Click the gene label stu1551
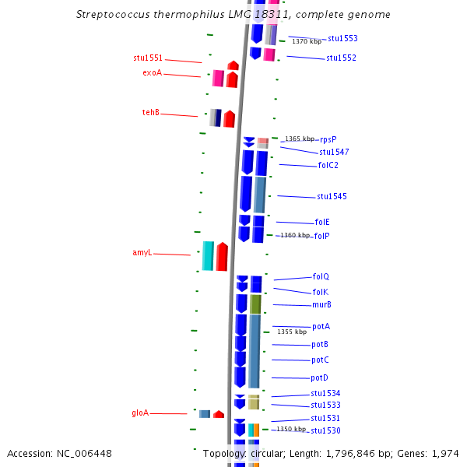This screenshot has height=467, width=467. pyautogui.click(x=148, y=58)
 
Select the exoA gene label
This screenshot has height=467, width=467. pyautogui.click(x=153, y=73)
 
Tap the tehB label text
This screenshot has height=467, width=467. pyautogui.click(x=151, y=113)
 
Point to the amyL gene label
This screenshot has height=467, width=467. pyautogui.click(x=142, y=253)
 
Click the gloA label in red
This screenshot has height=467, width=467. pyautogui.click(x=140, y=413)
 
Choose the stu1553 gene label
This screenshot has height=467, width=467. pyautogui.click(x=342, y=38)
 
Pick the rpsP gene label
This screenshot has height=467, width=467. pyautogui.click(x=328, y=139)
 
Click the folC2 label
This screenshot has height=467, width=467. pyautogui.click(x=328, y=166)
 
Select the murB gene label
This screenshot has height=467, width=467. pyautogui.click(x=322, y=305)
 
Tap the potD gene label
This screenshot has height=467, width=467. pyautogui.click(x=320, y=378)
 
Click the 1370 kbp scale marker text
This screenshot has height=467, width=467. pyautogui.click(x=307, y=41)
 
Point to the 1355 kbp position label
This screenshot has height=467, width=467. pyautogui.click(x=292, y=332)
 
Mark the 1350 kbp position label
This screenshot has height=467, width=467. pyautogui.click(x=291, y=429)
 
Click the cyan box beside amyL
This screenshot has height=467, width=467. pyautogui.click(x=208, y=256)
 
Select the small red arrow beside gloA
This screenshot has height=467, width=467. pyautogui.click(x=219, y=414)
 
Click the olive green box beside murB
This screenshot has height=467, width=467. pyautogui.click(x=255, y=304)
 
